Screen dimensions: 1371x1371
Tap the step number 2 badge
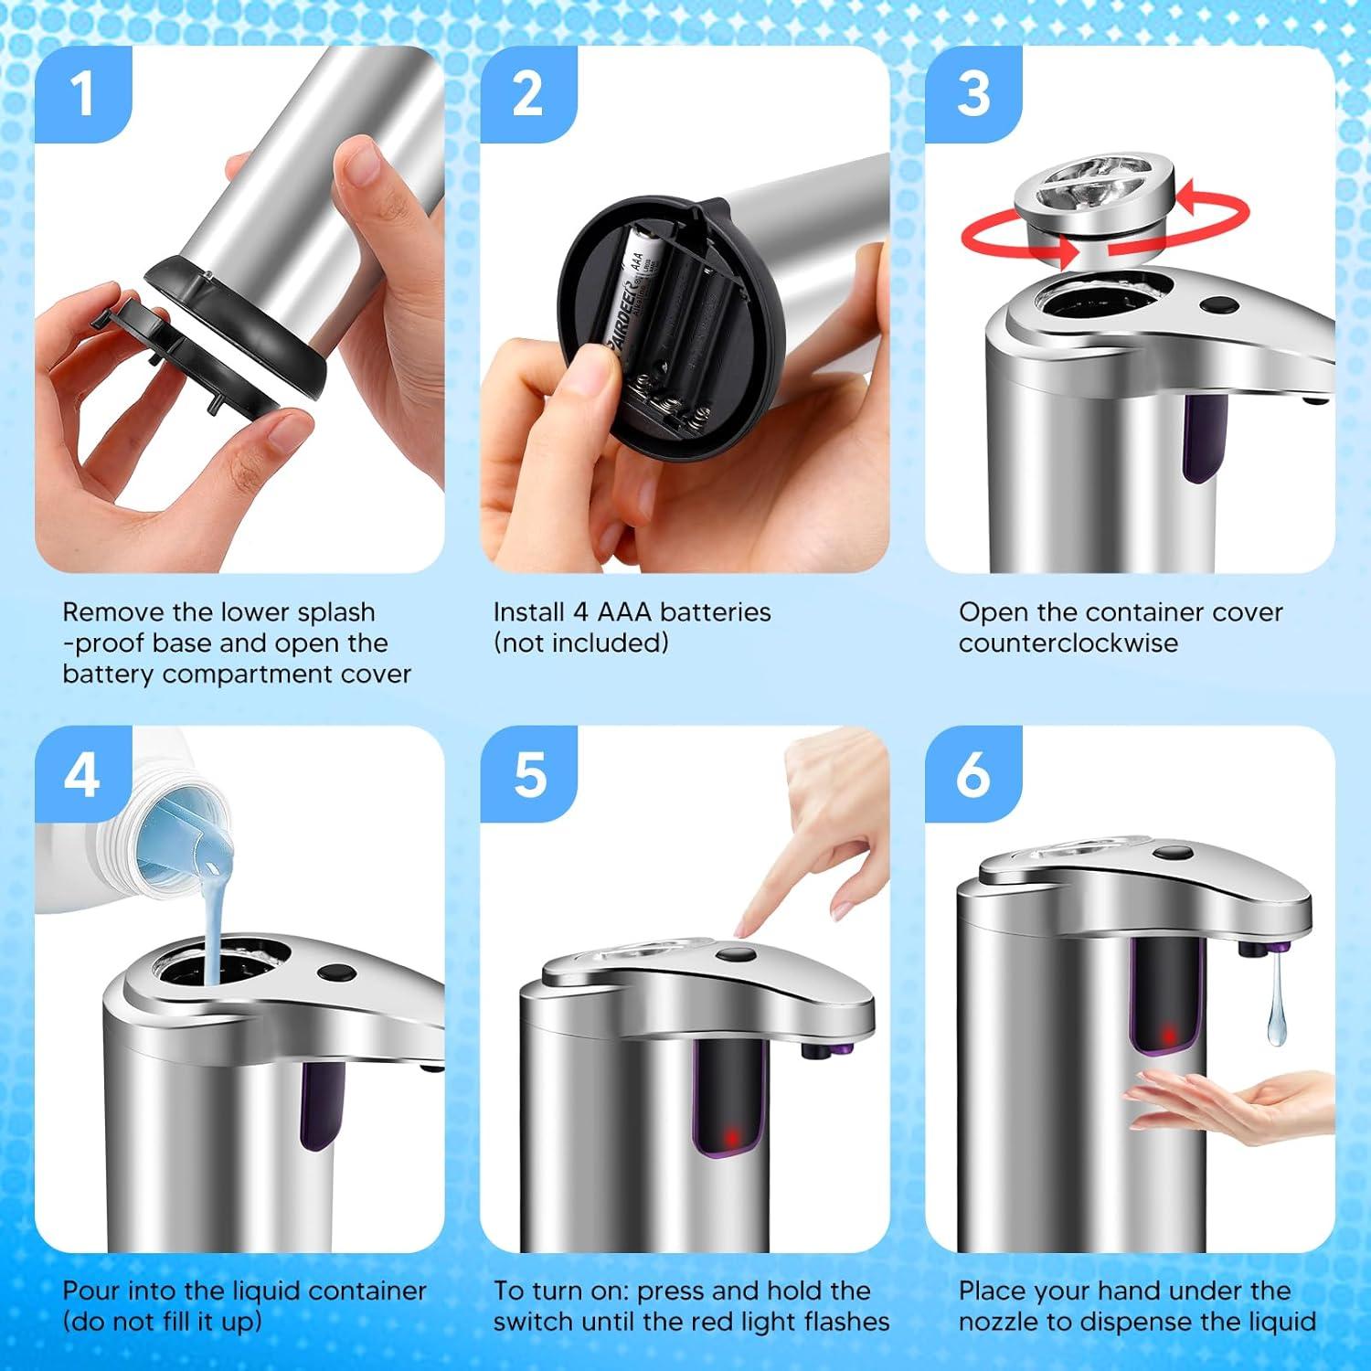tap(527, 94)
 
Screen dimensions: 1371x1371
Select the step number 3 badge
tap(972, 94)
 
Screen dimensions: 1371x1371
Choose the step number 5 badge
tap(528, 774)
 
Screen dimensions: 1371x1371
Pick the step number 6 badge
tap(972, 774)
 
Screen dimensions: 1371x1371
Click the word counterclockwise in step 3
tap(1068, 643)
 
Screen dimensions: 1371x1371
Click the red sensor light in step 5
tap(731, 1138)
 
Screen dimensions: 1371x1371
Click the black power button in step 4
tap(336, 974)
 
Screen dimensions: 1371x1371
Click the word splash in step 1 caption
tap(329, 612)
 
